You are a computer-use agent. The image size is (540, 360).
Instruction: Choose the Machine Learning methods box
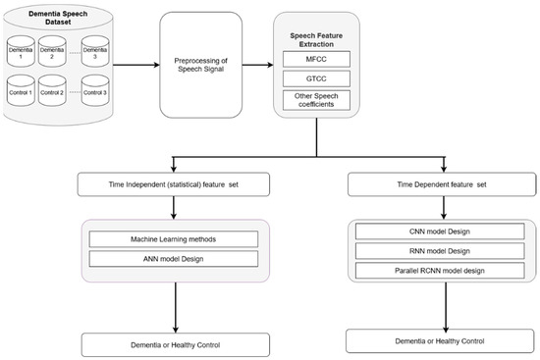(173, 239)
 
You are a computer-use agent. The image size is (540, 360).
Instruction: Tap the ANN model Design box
(173, 258)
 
